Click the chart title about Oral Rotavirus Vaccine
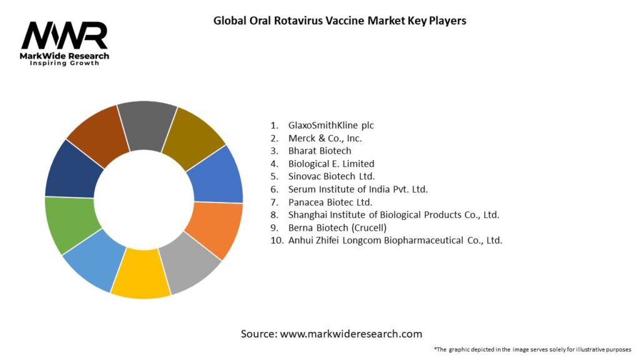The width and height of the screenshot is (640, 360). pos(339,21)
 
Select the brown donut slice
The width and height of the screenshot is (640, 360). pos(97,134)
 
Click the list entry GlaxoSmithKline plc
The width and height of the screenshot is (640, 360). pos(331,125)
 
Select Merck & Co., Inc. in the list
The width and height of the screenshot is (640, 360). pos(325,138)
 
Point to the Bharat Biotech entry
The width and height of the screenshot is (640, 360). pos(319,151)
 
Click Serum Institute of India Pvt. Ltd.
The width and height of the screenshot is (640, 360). pos(357,189)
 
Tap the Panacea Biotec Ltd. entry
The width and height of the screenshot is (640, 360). pos(330,202)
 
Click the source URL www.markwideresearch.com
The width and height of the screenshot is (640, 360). pos(351,334)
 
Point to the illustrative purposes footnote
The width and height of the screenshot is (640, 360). pos(532,349)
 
